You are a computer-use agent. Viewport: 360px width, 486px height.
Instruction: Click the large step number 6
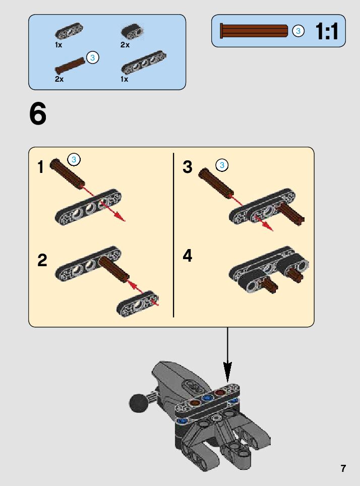point(38,114)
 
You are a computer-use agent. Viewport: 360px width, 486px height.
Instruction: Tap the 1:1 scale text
point(327,31)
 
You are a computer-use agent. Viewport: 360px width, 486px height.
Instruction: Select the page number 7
point(343,468)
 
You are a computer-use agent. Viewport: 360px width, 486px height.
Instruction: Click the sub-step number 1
point(41,167)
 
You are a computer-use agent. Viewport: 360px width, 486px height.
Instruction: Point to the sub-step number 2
point(42,260)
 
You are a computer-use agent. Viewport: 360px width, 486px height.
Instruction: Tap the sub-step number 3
point(187,167)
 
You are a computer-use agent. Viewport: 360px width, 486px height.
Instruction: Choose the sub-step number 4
point(187,256)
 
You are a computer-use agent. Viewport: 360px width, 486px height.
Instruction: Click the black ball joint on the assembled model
point(138,403)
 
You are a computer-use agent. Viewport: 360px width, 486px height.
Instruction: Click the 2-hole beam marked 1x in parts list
point(69,31)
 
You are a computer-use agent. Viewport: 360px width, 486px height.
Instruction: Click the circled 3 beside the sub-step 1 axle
point(74,159)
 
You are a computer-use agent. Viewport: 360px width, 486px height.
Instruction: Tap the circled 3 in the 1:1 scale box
point(298,31)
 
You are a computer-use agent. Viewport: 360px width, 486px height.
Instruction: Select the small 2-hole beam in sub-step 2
point(138,303)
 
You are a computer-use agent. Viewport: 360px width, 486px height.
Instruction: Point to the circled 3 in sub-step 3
point(222,165)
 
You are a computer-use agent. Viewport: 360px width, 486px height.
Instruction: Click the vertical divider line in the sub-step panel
point(173,235)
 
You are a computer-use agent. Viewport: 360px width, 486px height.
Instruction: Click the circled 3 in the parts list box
point(92,57)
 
